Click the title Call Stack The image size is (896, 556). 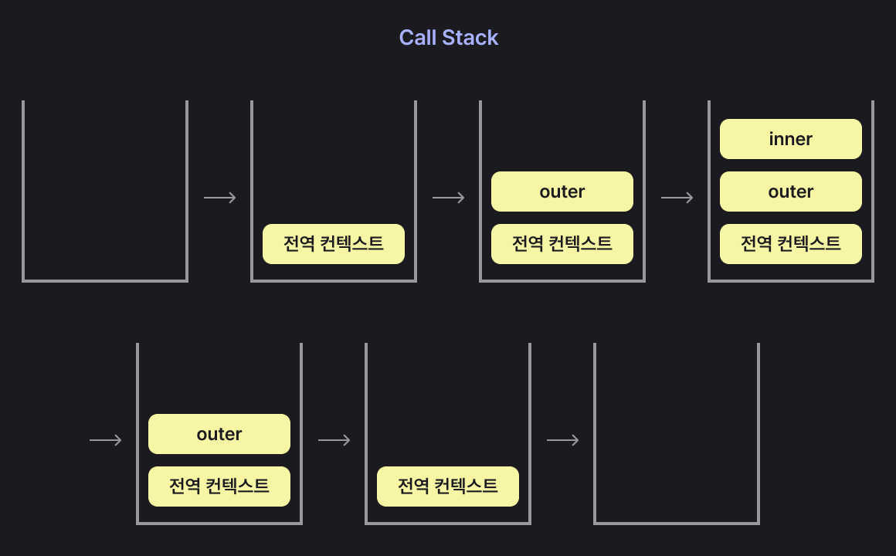448,38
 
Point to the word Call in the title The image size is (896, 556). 418,38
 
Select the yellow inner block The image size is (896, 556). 790,139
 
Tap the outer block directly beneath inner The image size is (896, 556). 790,192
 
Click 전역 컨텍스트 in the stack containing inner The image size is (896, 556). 790,244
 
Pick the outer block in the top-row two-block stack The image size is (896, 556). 562,192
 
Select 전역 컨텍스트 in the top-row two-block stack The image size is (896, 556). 562,244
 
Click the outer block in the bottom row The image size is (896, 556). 219,434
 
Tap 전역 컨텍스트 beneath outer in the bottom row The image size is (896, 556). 219,486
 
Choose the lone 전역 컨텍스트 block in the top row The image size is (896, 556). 333,244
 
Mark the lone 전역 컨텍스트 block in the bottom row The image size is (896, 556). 447,486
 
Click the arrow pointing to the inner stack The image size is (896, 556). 677,198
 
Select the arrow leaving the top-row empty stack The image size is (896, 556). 219,198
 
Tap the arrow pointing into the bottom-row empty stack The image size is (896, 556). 562,440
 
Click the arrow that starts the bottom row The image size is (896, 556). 105,440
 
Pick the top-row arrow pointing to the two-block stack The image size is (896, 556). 448,198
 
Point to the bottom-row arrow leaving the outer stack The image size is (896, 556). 334,440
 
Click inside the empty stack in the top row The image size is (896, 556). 105,193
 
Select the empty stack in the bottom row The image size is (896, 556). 677,436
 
